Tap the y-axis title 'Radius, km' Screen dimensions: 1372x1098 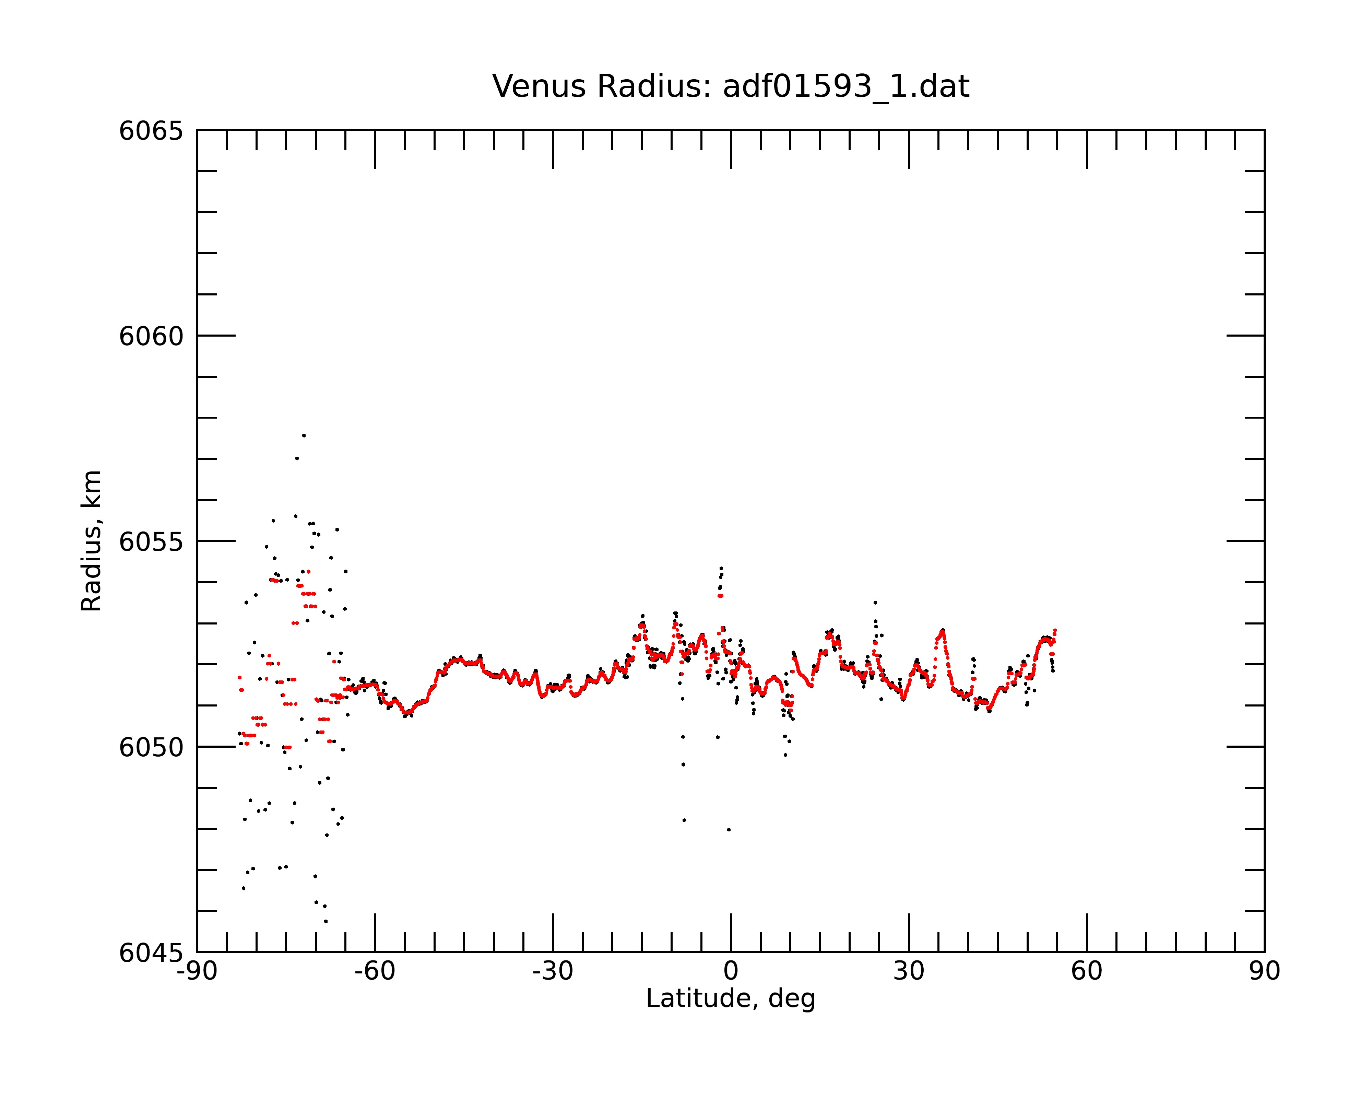(91, 541)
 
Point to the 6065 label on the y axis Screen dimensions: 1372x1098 (151, 131)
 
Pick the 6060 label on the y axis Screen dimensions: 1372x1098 (151, 336)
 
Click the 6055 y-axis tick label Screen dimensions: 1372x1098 (151, 542)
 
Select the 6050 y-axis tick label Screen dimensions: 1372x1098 (151, 747)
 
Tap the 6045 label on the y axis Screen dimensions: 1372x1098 (151, 953)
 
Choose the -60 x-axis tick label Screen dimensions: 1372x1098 (375, 971)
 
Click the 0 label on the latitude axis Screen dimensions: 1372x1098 (731, 971)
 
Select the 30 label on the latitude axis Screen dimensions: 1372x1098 (909, 971)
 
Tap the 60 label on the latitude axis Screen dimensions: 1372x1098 (1086, 971)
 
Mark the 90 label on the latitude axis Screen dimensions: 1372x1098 (1264, 971)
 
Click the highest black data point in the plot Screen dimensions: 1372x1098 (304, 435)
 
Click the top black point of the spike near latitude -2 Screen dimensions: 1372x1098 (721, 568)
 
